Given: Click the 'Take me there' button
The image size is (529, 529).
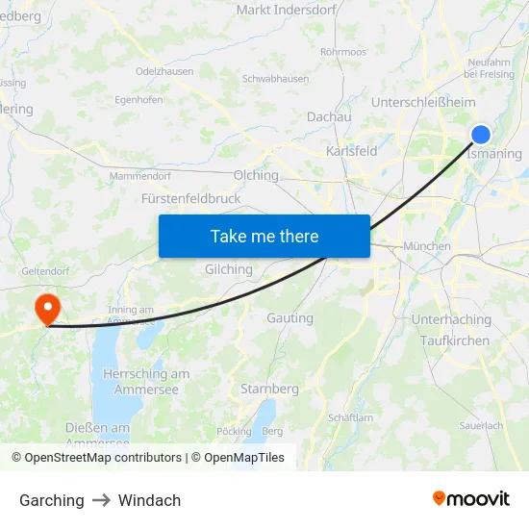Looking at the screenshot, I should point(264,236).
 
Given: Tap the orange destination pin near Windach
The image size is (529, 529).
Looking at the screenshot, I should point(46,308).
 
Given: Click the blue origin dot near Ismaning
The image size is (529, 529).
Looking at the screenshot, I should point(481,135).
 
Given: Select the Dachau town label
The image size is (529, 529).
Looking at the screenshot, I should point(329,116).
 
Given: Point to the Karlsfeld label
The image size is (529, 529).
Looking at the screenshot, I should point(352,151).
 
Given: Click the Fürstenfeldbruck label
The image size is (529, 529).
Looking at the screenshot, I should point(191,198).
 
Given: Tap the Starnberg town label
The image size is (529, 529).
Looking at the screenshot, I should point(269,389).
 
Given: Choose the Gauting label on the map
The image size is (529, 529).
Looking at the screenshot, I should point(290,317).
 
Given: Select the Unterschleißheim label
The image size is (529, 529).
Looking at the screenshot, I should point(423,102).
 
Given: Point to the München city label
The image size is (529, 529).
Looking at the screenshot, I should point(427,246).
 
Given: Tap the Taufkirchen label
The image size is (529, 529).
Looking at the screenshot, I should point(455,340).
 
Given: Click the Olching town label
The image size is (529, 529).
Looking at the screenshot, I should point(256,175).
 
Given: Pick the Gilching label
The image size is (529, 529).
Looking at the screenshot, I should point(229,269).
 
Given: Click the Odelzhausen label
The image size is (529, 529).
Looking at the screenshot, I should point(164,71).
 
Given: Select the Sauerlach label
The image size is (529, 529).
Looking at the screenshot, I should point(481,425).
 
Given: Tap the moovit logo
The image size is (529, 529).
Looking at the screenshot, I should point(471,499).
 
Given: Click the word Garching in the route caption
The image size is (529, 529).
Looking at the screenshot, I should point(52,500).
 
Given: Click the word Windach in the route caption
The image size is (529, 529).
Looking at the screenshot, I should point(149,500).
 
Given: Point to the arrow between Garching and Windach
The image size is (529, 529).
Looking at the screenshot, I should point(101,500).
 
